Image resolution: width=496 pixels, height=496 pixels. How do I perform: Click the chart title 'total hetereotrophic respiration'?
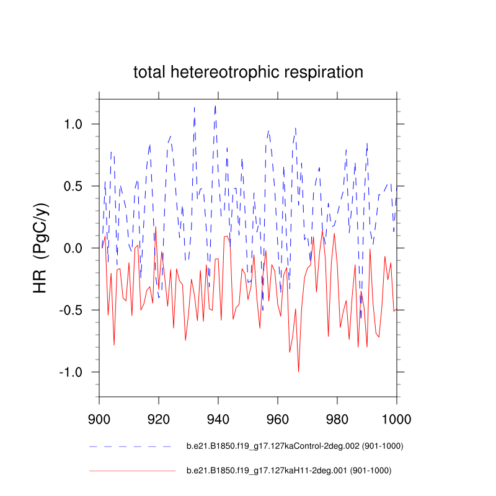(x=248, y=72)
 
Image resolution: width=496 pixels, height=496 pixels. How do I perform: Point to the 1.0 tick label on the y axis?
(x=77, y=124)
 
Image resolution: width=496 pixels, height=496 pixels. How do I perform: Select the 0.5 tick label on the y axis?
(x=77, y=186)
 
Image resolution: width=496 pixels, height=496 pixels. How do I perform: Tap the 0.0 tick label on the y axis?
(x=77, y=248)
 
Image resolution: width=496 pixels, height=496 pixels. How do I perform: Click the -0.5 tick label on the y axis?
(x=74, y=310)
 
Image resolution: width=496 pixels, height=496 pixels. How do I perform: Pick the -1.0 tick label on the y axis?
(x=74, y=372)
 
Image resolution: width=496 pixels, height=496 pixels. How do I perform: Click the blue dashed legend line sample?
(x=130, y=446)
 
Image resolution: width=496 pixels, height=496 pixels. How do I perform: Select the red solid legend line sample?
(x=132, y=471)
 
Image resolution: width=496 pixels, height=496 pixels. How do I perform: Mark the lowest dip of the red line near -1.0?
(x=298, y=371)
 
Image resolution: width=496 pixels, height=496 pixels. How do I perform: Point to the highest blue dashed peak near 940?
(x=215, y=105)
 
